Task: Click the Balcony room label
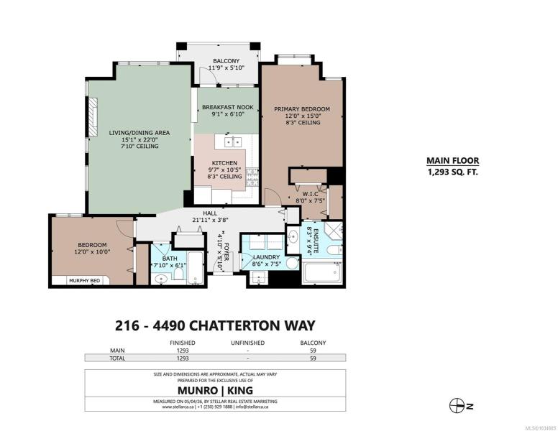coord(226,61)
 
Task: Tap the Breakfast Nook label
coord(228,107)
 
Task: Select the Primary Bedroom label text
coord(302,109)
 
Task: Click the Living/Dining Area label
coord(139,133)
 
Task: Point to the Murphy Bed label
coord(84,281)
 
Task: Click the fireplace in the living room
coord(93,117)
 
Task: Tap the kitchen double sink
coord(233,142)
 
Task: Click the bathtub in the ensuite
coord(321,272)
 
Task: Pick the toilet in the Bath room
coord(178,274)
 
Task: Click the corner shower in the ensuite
coord(333,231)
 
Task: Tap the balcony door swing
coord(208,75)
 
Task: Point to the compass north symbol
coord(457,406)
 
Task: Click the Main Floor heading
coord(453,161)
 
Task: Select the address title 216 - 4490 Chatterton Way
coord(215,325)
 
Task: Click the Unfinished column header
coord(247,343)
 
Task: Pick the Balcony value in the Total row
coord(313,358)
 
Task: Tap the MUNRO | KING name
coord(215,390)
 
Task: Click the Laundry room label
coord(267,257)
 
